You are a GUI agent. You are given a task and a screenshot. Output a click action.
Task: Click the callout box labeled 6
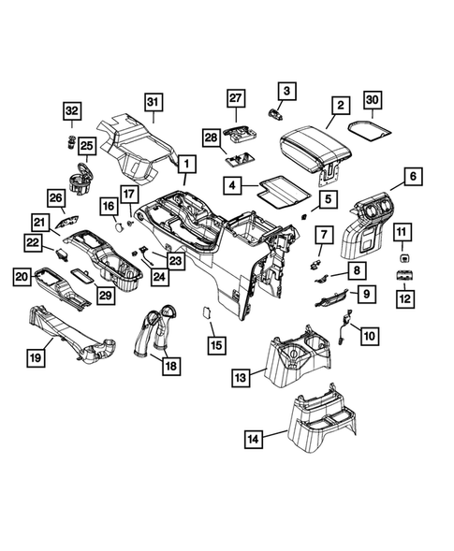pos(409,175)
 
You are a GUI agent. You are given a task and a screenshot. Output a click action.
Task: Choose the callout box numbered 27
pos(235,99)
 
